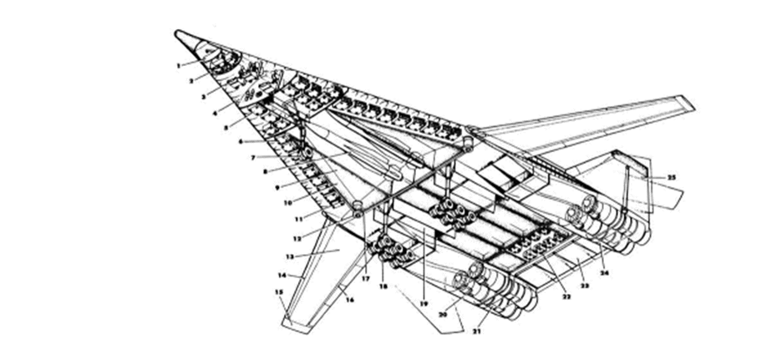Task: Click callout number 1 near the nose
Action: (x=177, y=64)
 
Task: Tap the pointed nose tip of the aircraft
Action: (x=178, y=33)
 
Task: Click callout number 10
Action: (x=286, y=202)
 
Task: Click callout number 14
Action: (x=282, y=275)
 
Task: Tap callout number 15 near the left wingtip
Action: (x=280, y=292)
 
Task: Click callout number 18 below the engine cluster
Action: (x=384, y=286)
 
